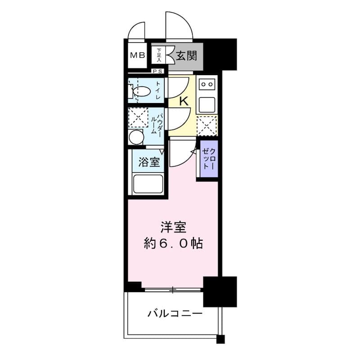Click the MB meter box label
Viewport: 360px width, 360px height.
[137, 56]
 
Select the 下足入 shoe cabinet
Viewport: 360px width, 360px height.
[159, 56]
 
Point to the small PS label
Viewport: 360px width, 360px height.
[157, 71]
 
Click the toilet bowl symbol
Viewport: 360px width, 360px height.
[141, 92]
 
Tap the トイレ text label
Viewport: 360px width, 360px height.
[159, 90]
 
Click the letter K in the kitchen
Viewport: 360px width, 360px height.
[184, 101]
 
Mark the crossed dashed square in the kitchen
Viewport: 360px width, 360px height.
[207, 126]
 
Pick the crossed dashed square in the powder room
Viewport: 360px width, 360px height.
[138, 118]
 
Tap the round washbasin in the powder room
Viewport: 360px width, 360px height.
[135, 137]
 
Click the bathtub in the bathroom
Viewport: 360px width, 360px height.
[148, 184]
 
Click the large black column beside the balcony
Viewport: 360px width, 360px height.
[220, 291]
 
